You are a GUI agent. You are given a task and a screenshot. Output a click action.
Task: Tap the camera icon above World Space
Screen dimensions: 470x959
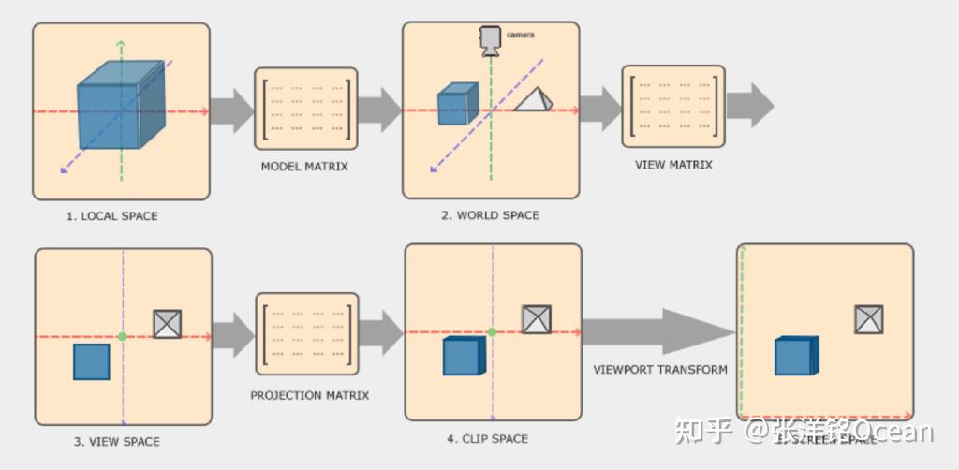pos(490,40)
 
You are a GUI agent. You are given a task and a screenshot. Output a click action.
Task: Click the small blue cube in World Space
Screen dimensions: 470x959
pos(457,103)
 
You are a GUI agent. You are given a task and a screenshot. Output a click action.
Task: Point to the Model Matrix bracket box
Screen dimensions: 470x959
pos(306,108)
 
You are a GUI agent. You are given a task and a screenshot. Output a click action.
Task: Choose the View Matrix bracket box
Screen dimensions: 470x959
pos(673,106)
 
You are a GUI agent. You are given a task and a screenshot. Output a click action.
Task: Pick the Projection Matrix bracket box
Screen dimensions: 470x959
pos(306,334)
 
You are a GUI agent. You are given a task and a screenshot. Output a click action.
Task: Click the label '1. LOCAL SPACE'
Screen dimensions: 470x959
pos(111,216)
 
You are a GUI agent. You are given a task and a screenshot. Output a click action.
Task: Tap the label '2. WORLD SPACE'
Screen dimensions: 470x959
pos(490,215)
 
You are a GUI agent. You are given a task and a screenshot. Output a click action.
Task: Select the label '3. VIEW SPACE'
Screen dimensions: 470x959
pos(116,441)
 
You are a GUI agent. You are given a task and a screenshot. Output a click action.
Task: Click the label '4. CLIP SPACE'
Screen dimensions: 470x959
pos(487,438)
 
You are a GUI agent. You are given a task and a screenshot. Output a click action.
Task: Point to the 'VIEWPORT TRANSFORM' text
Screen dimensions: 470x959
pos(660,370)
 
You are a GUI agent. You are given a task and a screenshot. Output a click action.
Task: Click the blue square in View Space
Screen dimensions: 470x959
pos(92,361)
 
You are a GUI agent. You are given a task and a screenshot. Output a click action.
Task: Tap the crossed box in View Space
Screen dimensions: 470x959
pos(167,324)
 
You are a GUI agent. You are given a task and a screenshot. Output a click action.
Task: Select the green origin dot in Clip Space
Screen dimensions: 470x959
pos(491,331)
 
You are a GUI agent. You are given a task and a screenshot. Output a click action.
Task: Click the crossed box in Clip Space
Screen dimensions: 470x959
pos(536,319)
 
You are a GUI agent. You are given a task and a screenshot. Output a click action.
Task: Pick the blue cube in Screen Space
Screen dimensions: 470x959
pos(795,356)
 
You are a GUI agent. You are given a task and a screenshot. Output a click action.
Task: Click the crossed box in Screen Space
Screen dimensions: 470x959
pos(869,319)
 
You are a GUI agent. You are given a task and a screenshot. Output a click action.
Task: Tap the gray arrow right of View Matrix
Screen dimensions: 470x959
pos(750,106)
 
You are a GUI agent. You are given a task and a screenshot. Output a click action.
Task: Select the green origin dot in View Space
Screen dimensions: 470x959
pos(122,336)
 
